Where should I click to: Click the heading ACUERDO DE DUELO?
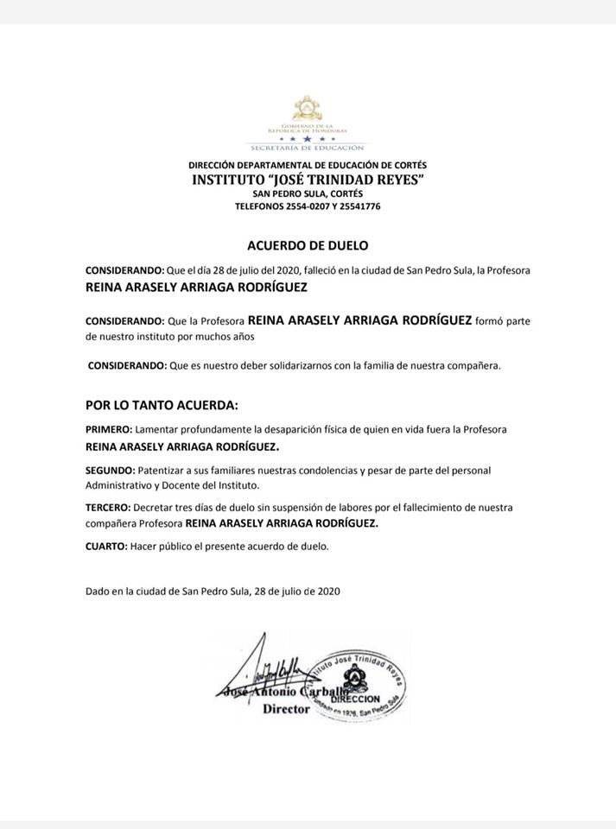click(308, 245)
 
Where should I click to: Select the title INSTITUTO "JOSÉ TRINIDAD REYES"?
click(307, 180)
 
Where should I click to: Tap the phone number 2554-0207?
click(299, 207)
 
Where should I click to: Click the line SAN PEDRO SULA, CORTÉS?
click(308, 194)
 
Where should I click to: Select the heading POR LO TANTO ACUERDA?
click(161, 405)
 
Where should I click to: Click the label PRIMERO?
click(108, 429)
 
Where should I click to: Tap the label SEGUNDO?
click(110, 470)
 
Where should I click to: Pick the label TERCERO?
click(109, 509)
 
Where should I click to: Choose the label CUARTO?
click(105, 546)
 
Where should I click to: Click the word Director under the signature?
click(285, 708)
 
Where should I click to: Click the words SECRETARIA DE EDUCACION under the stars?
click(307, 148)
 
